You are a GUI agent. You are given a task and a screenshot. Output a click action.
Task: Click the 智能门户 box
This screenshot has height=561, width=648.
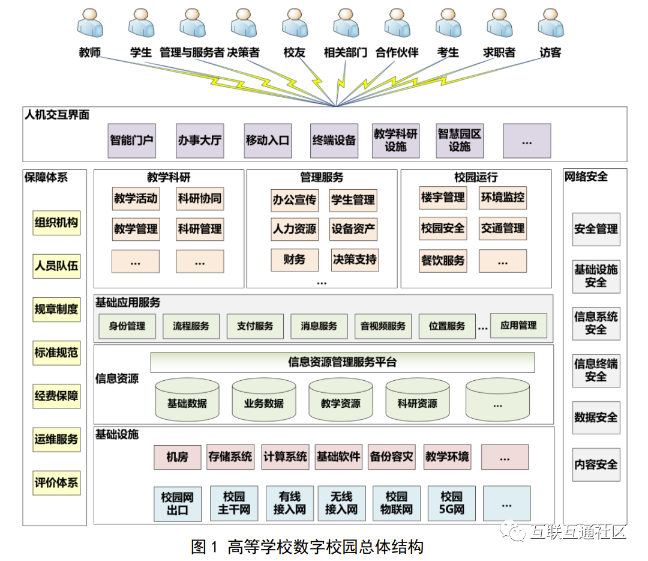tap(131, 141)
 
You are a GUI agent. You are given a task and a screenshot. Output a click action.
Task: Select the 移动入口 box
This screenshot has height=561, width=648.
tap(268, 141)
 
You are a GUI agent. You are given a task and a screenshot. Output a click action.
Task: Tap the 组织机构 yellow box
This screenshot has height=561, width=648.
tap(56, 223)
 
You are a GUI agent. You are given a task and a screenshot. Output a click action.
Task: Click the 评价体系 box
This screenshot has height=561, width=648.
tap(56, 482)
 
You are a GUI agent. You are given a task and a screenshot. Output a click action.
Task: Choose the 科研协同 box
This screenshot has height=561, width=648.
tap(200, 198)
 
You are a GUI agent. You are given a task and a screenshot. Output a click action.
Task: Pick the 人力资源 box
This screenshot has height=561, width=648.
tap(294, 229)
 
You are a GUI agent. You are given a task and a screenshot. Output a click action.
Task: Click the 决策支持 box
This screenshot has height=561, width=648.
tap(354, 259)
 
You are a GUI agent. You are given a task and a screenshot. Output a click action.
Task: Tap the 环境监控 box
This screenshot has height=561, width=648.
tap(503, 197)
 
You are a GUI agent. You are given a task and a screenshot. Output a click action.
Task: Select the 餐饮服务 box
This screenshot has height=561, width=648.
tap(443, 261)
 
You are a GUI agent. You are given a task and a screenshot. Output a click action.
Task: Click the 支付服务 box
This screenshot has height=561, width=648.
tap(255, 326)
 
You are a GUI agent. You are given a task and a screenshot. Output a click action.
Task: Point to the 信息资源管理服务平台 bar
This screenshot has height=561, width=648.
tap(342, 362)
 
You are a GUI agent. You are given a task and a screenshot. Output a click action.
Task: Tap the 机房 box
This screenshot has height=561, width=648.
tap(177, 457)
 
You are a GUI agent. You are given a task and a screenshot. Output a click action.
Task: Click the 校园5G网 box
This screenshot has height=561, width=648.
tap(452, 503)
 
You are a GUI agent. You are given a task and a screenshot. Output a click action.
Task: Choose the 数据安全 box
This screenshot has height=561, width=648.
tap(596, 417)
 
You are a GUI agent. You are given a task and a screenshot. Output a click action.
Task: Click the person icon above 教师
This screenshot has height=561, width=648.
tap(90, 24)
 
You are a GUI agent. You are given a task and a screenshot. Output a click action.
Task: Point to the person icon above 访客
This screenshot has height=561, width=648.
tap(550, 24)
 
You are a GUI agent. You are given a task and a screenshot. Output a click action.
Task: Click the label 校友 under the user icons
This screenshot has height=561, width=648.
tap(295, 53)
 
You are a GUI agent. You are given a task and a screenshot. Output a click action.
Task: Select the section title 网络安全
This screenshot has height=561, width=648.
tap(586, 177)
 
